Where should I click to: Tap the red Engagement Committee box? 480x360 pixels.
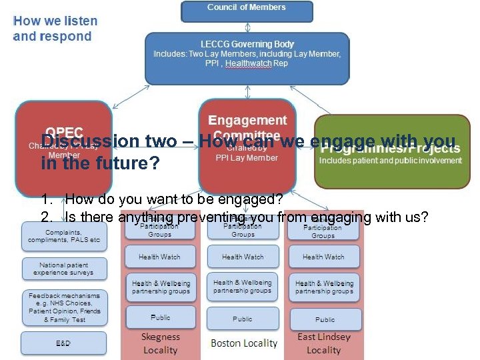tap(247, 143)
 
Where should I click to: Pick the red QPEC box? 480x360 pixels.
tap(64, 143)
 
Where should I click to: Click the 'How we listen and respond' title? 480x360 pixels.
tap(55, 29)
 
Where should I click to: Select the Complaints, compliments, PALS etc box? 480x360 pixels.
tap(64, 235)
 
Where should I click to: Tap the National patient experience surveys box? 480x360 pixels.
tap(64, 268)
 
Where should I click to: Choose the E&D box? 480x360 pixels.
tap(64, 343)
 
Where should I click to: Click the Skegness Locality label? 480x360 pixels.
tap(161, 343)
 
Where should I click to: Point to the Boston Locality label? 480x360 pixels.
tap(243, 343)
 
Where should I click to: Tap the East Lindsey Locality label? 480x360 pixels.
tap(324, 343)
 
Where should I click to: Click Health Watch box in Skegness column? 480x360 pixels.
tap(160, 257)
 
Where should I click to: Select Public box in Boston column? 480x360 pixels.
tap(243, 319)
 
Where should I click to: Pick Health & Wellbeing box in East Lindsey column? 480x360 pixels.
tap(324, 287)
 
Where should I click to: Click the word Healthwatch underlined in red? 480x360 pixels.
tap(249, 63)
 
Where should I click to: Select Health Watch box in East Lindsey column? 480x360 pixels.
tap(324, 257)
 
